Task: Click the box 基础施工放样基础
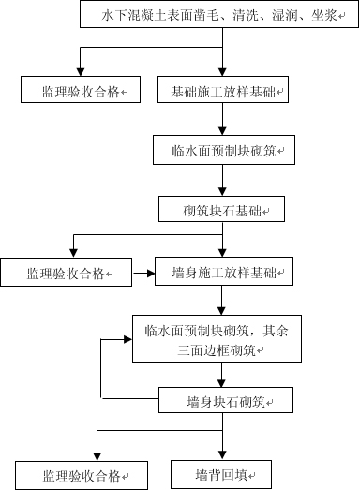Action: pyautogui.click(x=222, y=91)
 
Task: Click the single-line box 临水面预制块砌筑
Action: pyautogui.click(x=222, y=150)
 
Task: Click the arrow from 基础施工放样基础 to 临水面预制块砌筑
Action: pyautogui.click(x=222, y=119)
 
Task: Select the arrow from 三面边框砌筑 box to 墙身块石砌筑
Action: pyautogui.click(x=222, y=377)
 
